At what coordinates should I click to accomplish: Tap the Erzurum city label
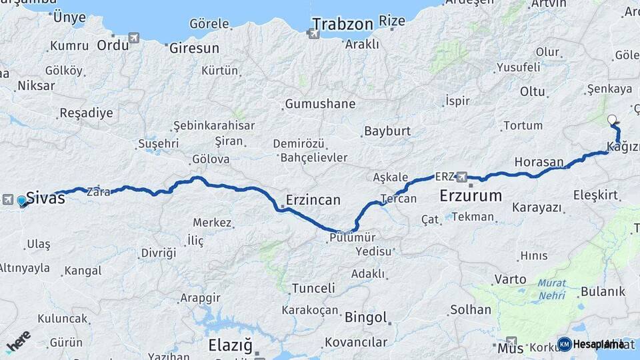coord(471,196)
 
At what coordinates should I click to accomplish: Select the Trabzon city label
coord(342,25)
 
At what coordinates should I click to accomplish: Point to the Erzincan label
coord(313,199)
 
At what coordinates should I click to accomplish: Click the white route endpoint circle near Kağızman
coord(612,120)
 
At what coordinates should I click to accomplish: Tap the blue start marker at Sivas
coord(22,200)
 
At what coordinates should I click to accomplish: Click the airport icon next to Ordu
coord(135,38)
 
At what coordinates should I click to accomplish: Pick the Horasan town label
coord(539,162)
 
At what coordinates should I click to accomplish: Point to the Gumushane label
coord(320,104)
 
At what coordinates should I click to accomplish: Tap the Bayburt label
coord(387,131)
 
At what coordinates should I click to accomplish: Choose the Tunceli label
coord(313,289)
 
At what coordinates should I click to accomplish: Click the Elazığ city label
coord(231,345)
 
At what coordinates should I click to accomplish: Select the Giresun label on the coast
coord(194,48)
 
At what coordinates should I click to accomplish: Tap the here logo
coord(19,341)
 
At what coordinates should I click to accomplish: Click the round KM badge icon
coord(564,344)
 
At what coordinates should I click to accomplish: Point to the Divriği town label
coord(159,253)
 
